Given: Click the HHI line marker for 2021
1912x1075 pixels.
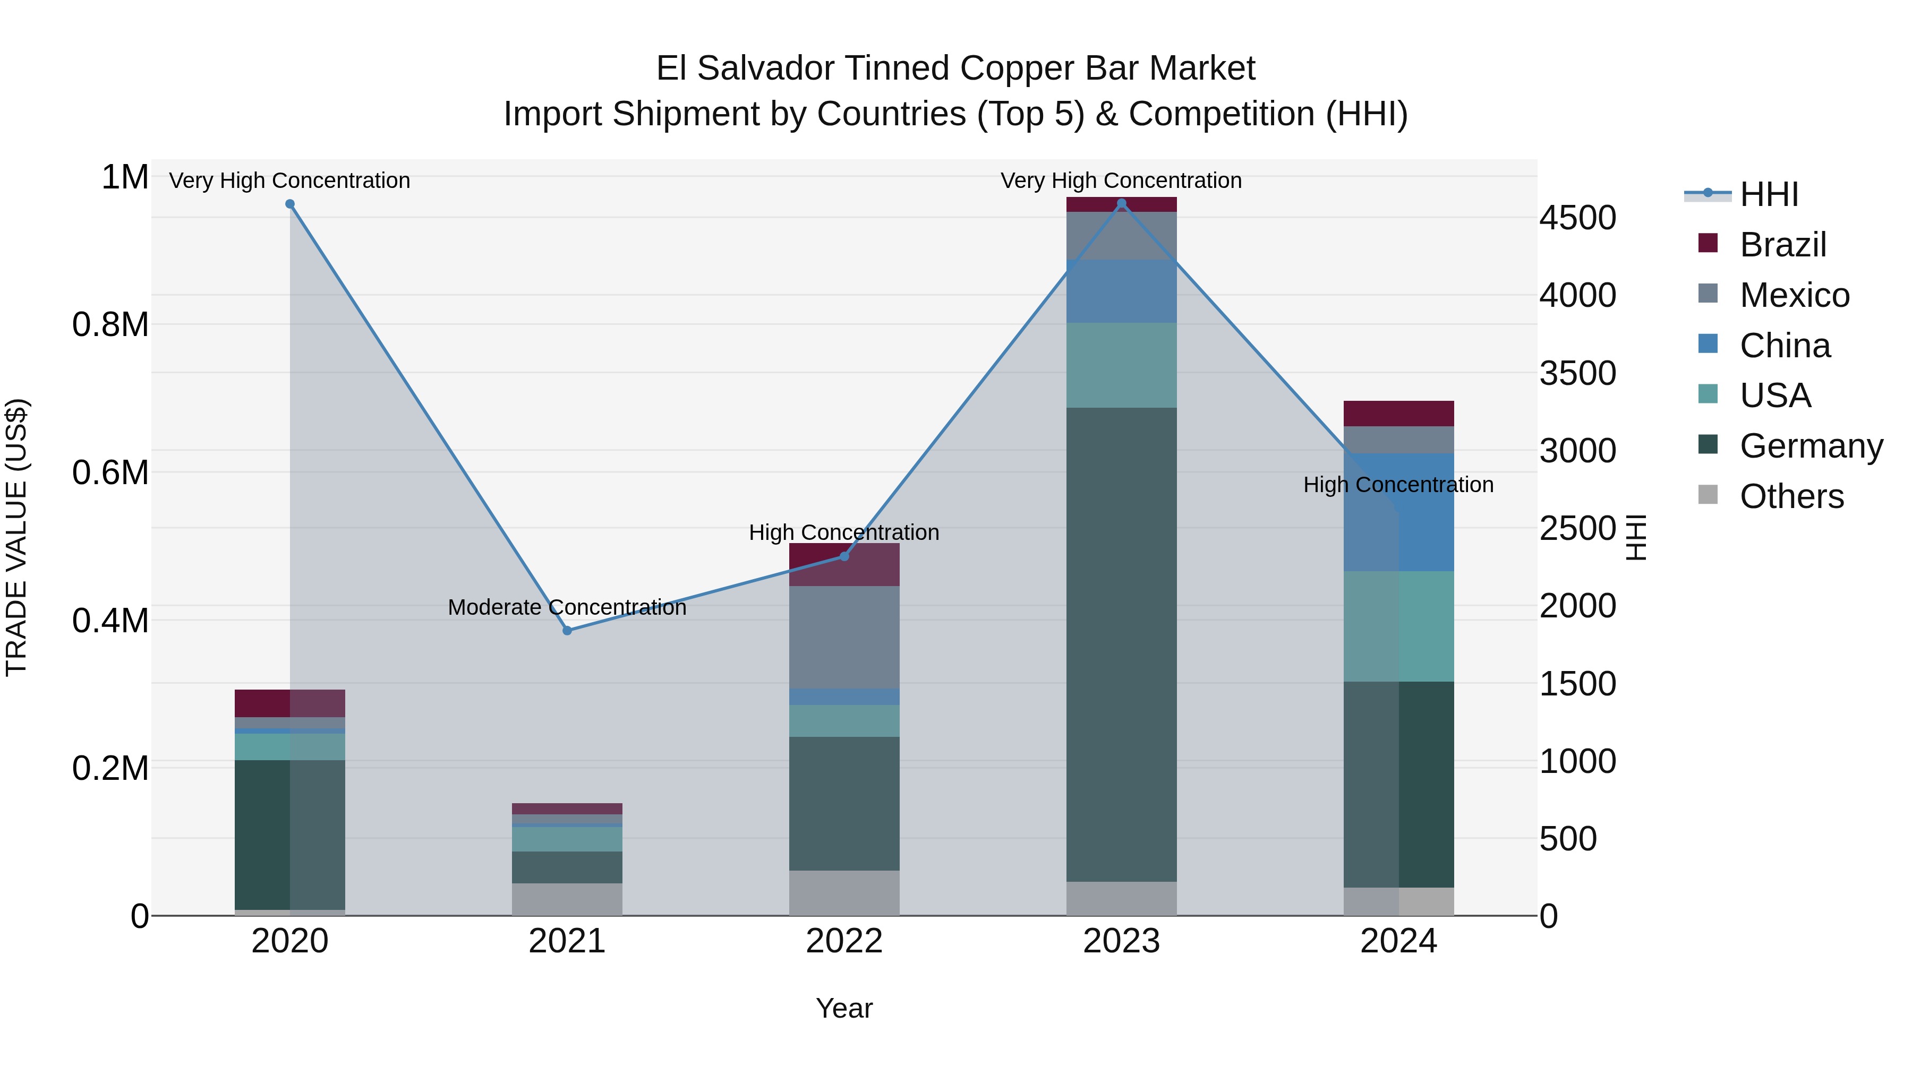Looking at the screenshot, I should pos(567,631).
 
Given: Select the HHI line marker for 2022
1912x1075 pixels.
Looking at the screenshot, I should pos(844,556).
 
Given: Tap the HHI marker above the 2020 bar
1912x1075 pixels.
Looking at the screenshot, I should pos(290,204).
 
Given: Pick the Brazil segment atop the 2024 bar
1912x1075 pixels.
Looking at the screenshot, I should pos(1398,413).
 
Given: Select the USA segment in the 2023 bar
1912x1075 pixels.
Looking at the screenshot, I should pos(1122,365).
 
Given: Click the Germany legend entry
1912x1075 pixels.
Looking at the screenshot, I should pos(1811,446).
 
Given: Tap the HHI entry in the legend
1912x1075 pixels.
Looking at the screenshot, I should pos(1769,194).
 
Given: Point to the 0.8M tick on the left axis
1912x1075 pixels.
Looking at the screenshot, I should pos(110,325).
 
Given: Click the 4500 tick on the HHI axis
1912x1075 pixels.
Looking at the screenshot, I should pos(1577,218).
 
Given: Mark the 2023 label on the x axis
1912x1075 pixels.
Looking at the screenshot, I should pos(1122,941).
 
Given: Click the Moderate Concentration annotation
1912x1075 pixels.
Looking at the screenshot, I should pos(567,607).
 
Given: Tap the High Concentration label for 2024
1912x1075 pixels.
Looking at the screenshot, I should pos(1398,485).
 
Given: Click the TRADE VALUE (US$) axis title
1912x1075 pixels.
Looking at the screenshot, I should pos(16,537).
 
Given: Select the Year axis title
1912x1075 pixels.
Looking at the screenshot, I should pos(844,1008).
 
